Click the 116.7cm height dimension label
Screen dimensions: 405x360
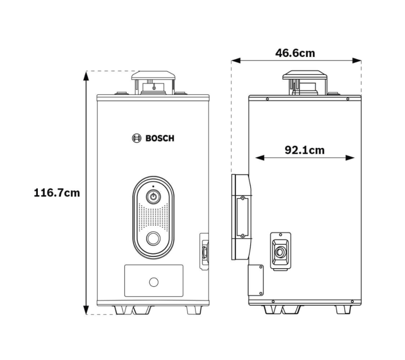[x=57, y=193]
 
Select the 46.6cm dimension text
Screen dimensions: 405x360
[x=295, y=53]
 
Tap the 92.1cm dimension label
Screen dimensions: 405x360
[x=305, y=150]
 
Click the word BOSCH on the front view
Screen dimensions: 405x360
[x=160, y=138]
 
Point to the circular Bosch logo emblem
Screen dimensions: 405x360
[x=136, y=138]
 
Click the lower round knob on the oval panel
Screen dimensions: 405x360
[x=153, y=238]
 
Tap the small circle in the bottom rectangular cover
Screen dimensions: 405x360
[x=154, y=282]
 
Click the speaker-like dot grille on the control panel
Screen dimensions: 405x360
[x=153, y=217]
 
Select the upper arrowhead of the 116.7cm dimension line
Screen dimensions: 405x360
[x=86, y=76]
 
